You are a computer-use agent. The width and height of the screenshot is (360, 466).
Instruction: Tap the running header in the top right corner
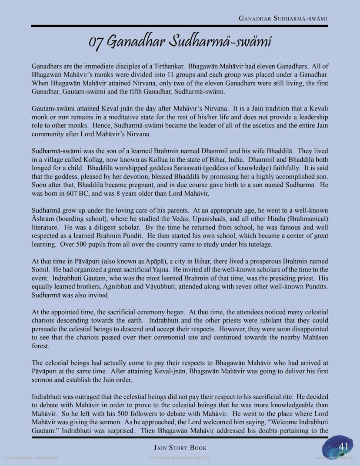pos(283,19)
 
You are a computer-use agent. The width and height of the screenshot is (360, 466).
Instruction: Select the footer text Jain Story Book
pos(180,447)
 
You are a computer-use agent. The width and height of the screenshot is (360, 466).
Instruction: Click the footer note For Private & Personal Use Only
pos(180,458)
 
